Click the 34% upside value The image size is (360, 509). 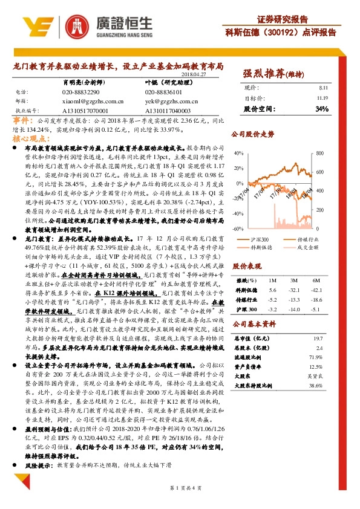click(x=322, y=109)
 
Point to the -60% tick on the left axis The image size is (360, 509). click(x=238, y=229)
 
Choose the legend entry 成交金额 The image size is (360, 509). click(x=313, y=247)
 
